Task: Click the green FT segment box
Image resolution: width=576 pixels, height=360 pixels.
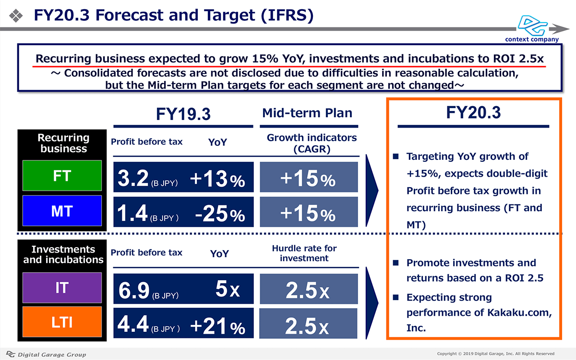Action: click(x=62, y=176)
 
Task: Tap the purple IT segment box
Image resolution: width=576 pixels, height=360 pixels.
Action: click(x=62, y=288)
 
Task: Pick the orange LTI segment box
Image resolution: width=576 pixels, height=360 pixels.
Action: click(x=62, y=322)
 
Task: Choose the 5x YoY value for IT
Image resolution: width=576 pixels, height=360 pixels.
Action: click(x=228, y=290)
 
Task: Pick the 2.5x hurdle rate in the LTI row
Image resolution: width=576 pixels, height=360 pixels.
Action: click(x=308, y=326)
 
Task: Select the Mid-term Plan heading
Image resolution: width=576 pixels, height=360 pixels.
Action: click(x=307, y=113)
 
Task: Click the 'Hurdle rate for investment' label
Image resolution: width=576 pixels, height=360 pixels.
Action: click(x=304, y=253)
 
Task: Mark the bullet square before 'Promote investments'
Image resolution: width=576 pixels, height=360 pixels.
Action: click(x=396, y=263)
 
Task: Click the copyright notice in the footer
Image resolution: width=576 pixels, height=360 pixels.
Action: click(x=495, y=354)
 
